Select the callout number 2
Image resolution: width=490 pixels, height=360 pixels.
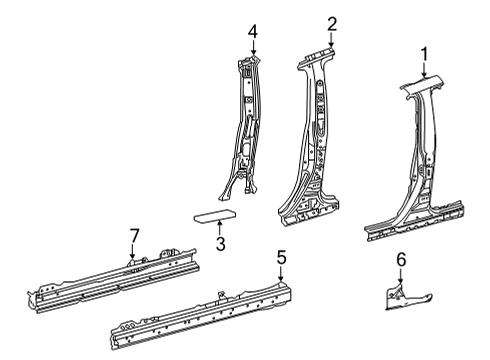[x=331, y=23]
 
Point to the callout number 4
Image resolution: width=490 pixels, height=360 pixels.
[x=253, y=32]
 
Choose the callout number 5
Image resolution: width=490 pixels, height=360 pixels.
[x=281, y=259]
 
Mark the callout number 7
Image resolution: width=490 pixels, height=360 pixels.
[x=132, y=235]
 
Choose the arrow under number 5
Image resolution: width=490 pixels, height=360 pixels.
[x=281, y=274]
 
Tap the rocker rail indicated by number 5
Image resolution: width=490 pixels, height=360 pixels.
[x=200, y=309]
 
